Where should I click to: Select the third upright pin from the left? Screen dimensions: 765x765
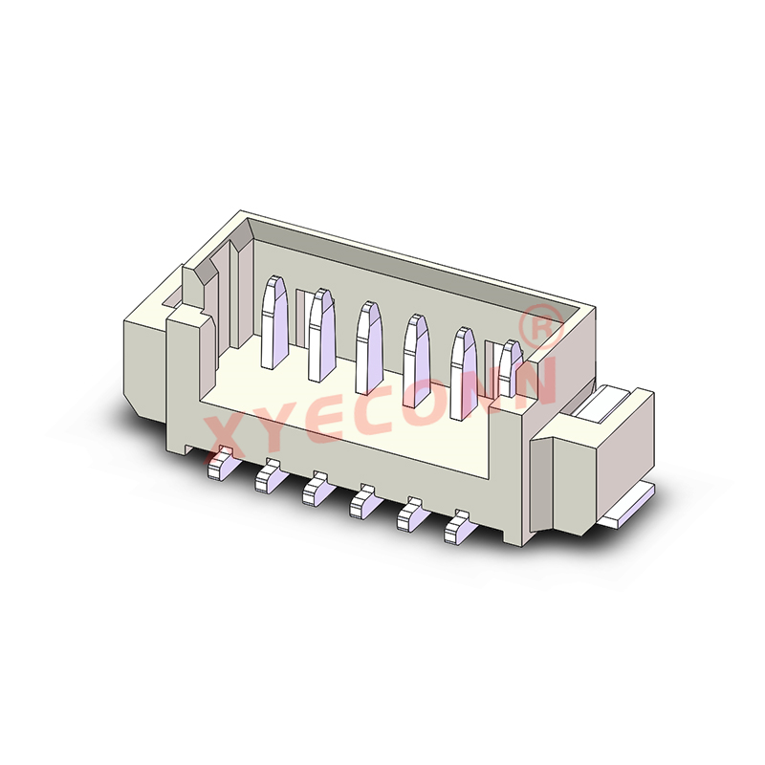(x=366, y=344)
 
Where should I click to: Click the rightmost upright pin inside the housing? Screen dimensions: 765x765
(x=511, y=368)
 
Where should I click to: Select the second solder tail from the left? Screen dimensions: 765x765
(x=267, y=475)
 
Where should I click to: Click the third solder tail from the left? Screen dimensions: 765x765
(x=315, y=489)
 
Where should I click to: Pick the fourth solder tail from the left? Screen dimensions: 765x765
(x=363, y=500)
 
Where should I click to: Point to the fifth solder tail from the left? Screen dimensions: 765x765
(x=411, y=513)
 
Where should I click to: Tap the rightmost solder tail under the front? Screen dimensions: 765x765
(x=460, y=526)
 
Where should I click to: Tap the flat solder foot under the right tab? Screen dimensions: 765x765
(x=631, y=507)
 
